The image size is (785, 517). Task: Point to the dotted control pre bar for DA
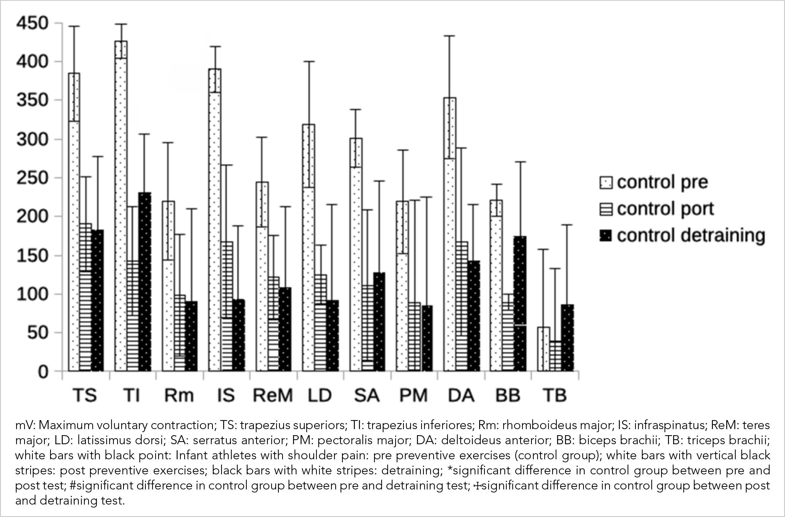(x=450, y=234)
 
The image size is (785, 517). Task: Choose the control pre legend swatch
(x=606, y=183)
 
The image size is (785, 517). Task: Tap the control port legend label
(x=665, y=209)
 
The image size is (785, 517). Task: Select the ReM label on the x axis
(x=273, y=395)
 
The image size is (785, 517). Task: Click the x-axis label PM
(x=414, y=395)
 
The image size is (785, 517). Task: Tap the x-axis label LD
(x=320, y=395)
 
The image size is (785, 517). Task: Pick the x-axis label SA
(x=367, y=395)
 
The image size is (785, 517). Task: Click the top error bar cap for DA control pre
(x=450, y=36)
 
